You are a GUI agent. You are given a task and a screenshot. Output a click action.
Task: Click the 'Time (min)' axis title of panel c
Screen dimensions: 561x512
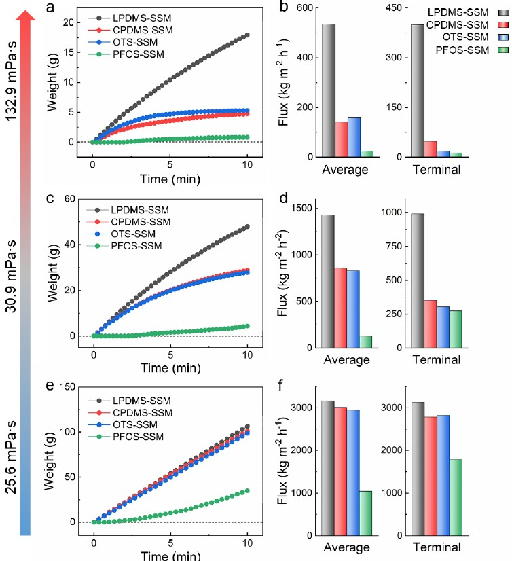click(170, 370)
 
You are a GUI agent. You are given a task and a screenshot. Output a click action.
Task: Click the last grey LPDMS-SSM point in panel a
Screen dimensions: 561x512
click(247, 35)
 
